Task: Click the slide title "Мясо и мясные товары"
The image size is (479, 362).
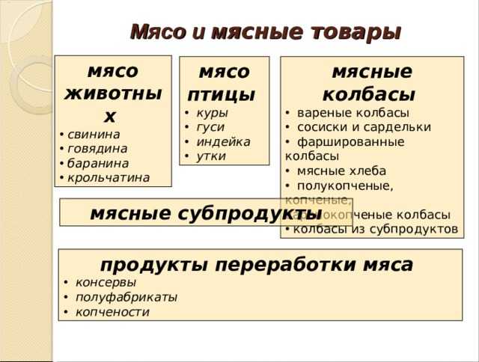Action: (266, 32)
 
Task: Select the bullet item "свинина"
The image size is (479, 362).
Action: (94, 135)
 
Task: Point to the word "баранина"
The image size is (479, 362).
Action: (98, 163)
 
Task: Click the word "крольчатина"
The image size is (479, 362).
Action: (109, 177)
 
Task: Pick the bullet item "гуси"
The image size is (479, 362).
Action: (210, 127)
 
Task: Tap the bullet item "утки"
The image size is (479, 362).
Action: (211, 156)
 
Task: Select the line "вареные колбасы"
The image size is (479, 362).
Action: (353, 113)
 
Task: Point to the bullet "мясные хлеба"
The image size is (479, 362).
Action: (341, 171)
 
